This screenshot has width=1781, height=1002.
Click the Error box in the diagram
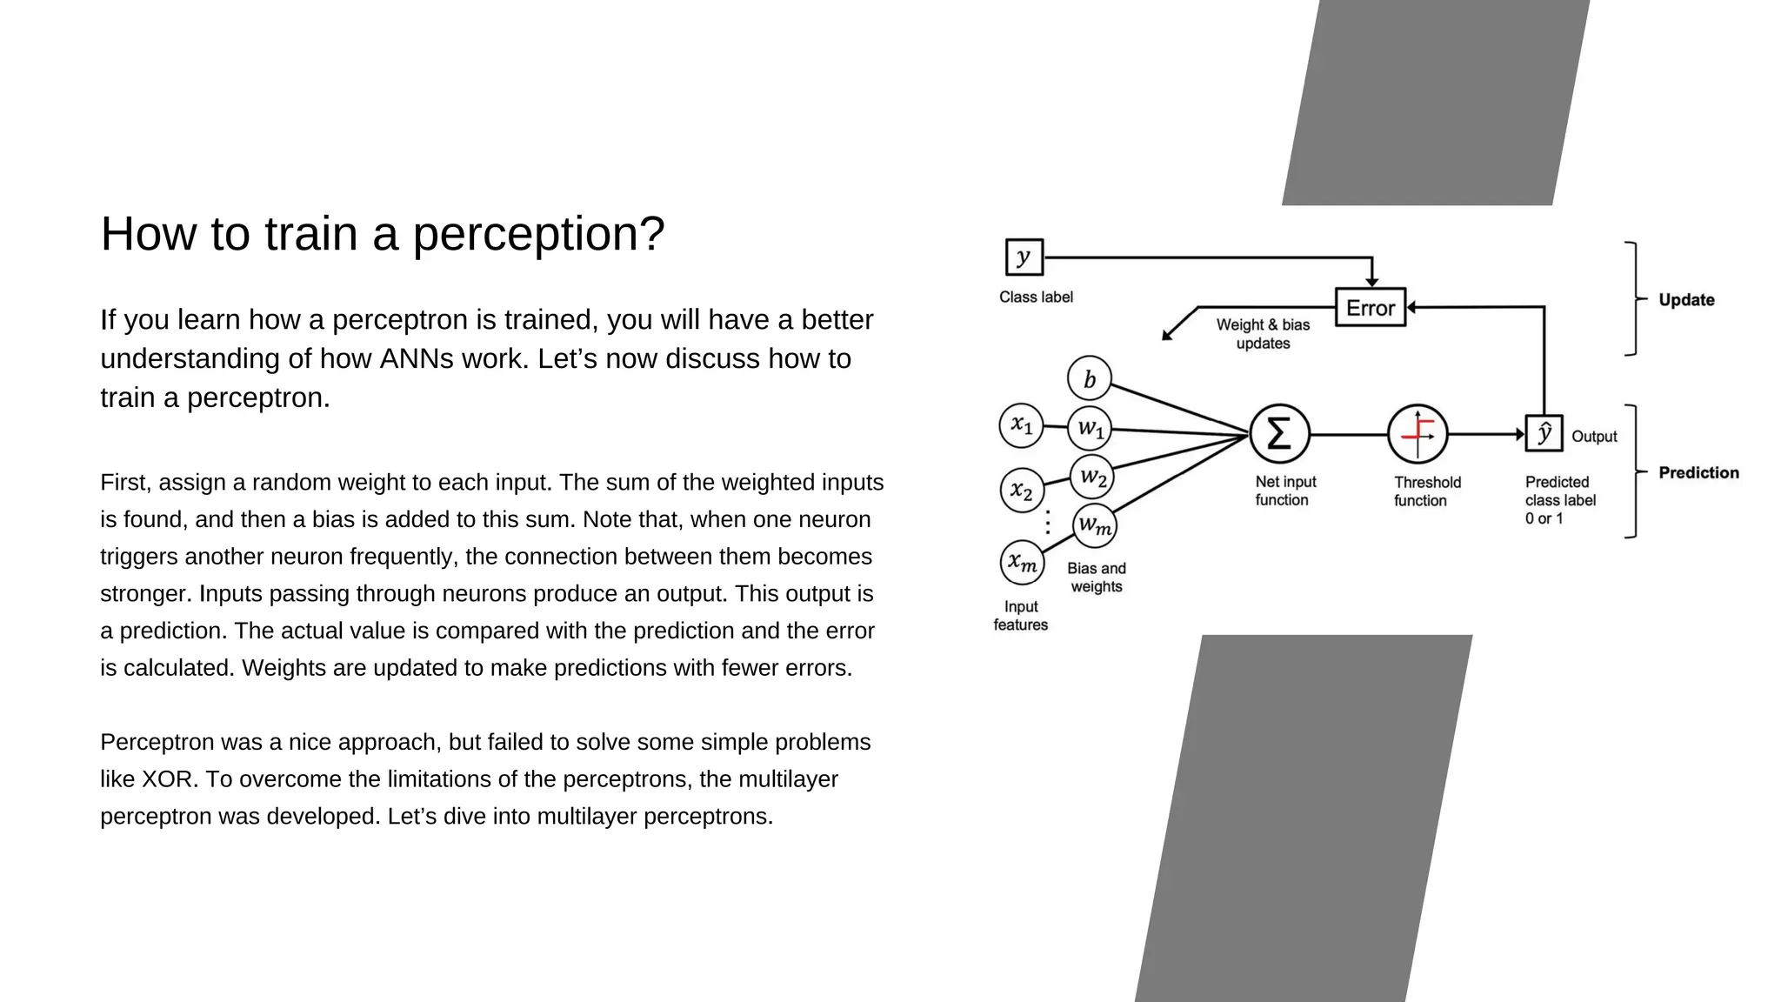tap(1370, 307)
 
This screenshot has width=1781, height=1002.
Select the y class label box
tap(1024, 257)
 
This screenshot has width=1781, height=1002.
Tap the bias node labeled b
tap(1089, 379)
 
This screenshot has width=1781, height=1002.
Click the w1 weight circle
tap(1090, 428)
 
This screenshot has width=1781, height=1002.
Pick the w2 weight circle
tap(1091, 477)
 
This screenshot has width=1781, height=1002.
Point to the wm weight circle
tap(1094, 525)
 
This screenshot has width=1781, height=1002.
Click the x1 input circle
tap(1021, 425)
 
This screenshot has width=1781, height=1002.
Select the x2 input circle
tap(1022, 491)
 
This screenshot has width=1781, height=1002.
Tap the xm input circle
tap(1022, 563)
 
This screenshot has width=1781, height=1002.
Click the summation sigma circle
tap(1279, 433)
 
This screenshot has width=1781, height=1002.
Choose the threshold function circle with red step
tap(1417, 433)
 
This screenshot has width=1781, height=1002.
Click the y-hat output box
tap(1544, 433)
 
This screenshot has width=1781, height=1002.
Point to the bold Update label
tap(1686, 300)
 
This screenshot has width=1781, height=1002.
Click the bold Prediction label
tap(1698, 472)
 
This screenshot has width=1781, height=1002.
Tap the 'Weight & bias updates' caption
tap(1263, 334)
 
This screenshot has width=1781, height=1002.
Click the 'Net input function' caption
tap(1284, 491)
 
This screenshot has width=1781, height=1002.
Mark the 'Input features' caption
tap(1021, 616)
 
